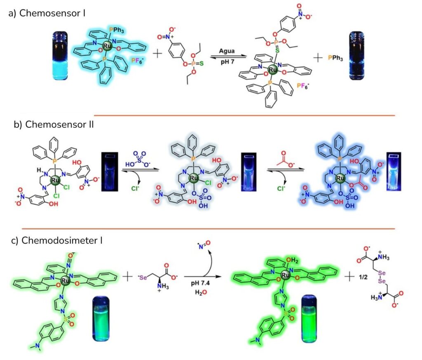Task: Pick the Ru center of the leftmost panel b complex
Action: tap(54, 180)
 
